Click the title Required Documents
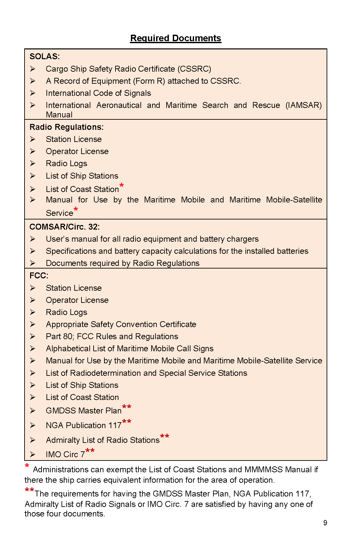click(176, 38)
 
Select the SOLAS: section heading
click(45, 57)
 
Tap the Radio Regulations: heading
click(66, 127)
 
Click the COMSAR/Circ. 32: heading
click(64, 227)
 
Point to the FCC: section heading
click(39, 276)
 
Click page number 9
click(325, 523)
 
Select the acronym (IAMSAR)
click(303, 105)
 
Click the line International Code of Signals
click(98, 93)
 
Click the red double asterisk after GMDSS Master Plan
click(127, 408)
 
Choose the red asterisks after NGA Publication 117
click(127, 422)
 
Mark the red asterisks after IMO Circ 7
click(90, 451)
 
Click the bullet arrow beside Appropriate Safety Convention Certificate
click(33, 324)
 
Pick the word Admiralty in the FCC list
click(63, 440)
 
